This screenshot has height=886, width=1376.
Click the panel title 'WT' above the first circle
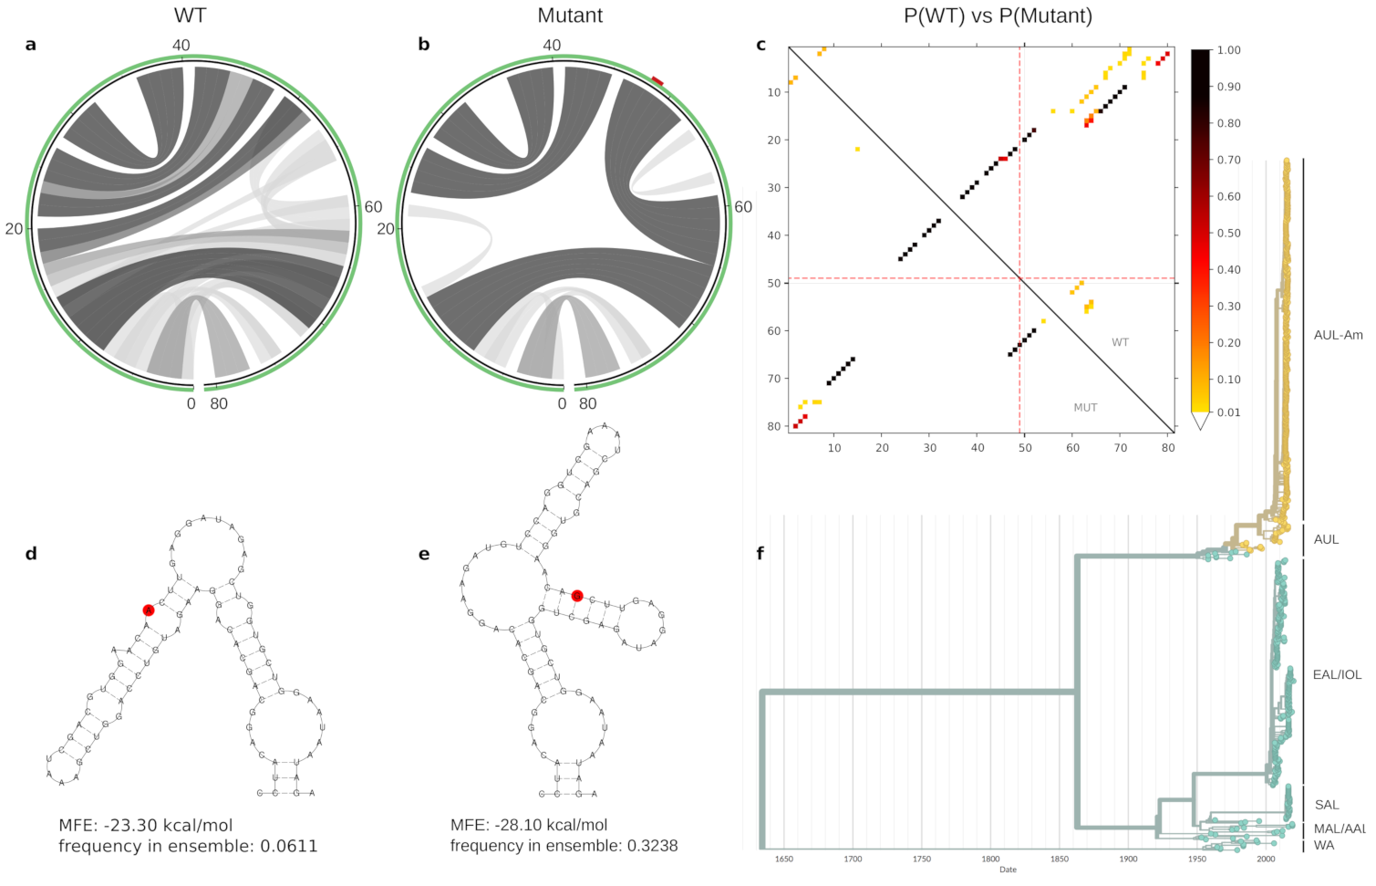click(190, 16)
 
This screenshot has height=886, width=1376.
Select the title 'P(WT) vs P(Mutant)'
click(998, 16)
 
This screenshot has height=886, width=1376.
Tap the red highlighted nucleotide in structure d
click(149, 610)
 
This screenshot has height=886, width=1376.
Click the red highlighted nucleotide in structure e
click(577, 596)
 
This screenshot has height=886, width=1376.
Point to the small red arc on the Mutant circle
click(657, 82)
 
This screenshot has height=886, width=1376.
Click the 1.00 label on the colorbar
click(1228, 50)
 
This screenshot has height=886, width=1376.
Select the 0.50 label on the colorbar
click(1228, 233)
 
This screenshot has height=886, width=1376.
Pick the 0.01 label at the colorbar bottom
click(1228, 412)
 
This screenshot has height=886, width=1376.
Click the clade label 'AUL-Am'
click(1338, 335)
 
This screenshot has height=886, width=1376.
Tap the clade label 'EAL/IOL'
click(1337, 674)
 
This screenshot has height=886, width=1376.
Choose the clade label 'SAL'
click(1327, 805)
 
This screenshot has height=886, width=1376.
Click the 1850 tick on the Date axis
click(1060, 859)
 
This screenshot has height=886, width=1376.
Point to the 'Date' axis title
click(1008, 870)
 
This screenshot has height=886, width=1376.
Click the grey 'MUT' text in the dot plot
click(1085, 408)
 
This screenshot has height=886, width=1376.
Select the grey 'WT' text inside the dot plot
click(1120, 342)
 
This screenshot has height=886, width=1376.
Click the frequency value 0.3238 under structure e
click(652, 846)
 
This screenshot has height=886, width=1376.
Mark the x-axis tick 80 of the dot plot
click(1168, 447)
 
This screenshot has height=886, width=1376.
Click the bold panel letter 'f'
click(760, 553)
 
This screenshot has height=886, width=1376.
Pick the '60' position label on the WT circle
click(373, 207)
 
